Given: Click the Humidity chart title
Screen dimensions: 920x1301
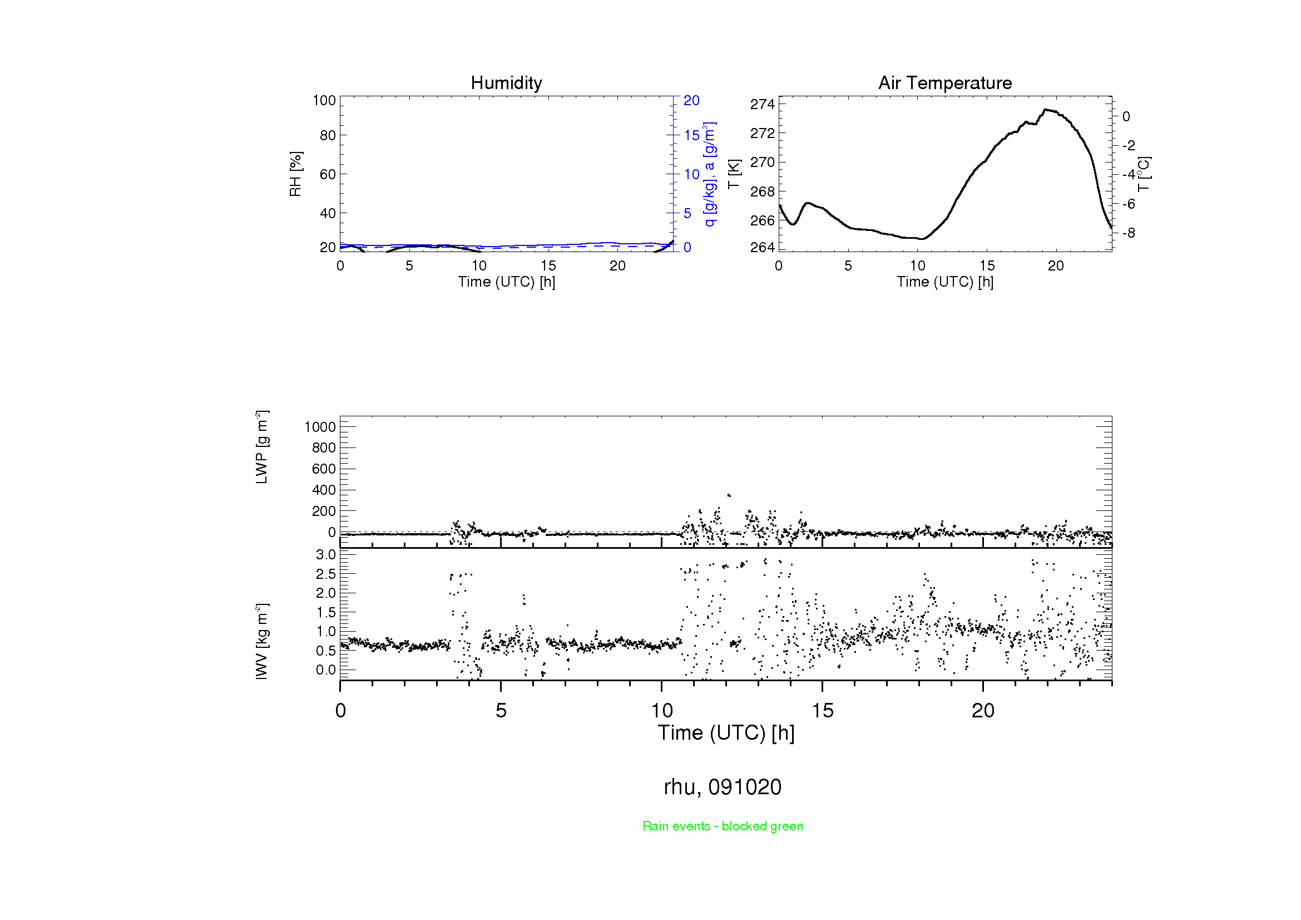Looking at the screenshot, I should click(506, 83).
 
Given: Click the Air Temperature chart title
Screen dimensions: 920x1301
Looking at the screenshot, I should click(944, 83).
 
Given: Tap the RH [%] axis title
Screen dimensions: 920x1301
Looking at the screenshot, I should click(295, 174).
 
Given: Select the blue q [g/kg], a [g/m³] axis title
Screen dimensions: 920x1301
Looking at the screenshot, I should click(709, 174).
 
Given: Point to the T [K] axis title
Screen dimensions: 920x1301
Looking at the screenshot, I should click(734, 174).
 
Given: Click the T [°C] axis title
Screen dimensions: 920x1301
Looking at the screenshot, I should click(1144, 174).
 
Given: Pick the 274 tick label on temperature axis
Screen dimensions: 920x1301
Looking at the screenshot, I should click(762, 104).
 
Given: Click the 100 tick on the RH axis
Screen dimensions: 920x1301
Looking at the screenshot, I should click(324, 100).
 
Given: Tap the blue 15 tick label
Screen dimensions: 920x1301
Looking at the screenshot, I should click(691, 135).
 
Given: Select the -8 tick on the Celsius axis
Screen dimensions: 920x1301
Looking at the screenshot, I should click(1129, 233).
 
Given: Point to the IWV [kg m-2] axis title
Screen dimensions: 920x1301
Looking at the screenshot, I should click(261, 641).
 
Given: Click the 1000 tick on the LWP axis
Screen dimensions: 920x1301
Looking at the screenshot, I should click(320, 427).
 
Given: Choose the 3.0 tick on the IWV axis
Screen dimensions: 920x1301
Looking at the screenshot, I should click(326, 554).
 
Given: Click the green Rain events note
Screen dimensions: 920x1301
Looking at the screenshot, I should click(723, 826).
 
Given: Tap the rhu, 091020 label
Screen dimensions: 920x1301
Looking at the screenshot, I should click(723, 787).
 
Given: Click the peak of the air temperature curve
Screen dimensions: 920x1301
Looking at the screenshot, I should click(1046, 110).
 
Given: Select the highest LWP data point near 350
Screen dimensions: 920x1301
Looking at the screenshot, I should click(729, 495).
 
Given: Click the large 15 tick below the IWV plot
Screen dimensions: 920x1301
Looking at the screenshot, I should click(822, 711).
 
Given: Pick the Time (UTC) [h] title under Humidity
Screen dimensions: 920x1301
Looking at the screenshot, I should click(506, 282).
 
